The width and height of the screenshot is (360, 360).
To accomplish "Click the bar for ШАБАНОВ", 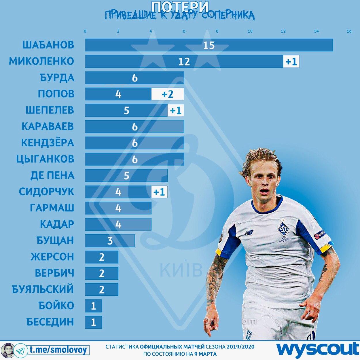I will pos(209,45).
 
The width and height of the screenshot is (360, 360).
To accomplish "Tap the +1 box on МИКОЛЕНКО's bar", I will pos(291,61).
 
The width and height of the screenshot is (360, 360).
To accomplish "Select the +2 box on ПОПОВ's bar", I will pos(167,94).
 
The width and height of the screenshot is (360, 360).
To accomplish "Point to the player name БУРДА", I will pos(57,78).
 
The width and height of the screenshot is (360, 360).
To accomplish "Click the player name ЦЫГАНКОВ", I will pos(46,159).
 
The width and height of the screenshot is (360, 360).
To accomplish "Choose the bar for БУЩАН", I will pos(110,240).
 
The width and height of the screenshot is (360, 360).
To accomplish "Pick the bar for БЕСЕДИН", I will pos(93,322).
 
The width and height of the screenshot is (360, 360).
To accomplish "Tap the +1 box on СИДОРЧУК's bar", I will pos(159,192).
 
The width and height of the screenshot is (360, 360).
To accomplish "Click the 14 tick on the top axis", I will pos(316,31).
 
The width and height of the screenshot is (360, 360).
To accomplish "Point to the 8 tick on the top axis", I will pos(217,31).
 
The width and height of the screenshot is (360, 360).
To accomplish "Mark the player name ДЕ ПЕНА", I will pos(52,175).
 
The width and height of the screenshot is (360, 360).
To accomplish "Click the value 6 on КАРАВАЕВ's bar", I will pos(134,127).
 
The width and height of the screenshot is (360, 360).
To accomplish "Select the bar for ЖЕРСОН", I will pos(102,257).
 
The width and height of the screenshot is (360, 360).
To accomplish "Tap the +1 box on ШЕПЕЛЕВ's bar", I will pos(176,111).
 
